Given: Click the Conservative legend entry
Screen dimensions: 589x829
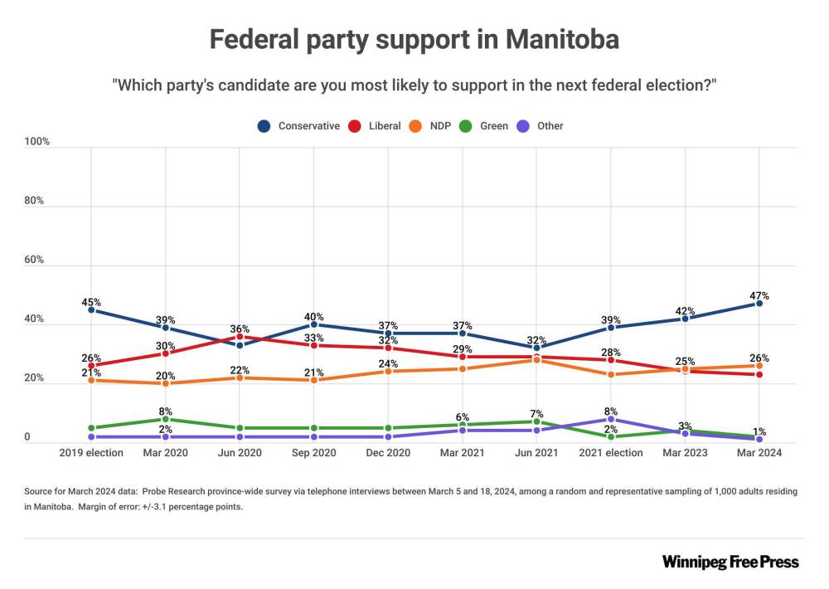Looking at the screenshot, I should point(299,126).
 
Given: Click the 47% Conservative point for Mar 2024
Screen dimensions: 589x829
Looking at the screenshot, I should point(759,304).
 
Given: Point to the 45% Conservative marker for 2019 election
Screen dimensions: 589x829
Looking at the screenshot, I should point(91,309).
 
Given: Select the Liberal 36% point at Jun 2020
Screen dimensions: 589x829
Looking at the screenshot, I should point(240,337).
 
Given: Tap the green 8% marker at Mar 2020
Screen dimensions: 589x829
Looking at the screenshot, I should point(165,419).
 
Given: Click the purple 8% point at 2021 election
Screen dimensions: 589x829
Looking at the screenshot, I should point(611,419).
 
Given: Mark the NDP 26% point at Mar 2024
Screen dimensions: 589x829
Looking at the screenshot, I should point(759,366).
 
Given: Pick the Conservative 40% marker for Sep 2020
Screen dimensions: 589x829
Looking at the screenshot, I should point(314,324).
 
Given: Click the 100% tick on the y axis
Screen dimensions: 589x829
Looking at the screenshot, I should point(37,142).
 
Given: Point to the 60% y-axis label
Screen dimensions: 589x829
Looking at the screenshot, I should point(34,260).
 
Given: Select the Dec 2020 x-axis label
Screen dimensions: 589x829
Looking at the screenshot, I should point(388,453).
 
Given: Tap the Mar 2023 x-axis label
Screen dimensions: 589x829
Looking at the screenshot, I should point(686,453).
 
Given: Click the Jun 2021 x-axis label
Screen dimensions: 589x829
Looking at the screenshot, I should point(536,453).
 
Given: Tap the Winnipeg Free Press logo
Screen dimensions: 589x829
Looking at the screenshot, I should point(730,562).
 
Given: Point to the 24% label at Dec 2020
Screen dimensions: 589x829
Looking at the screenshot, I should point(388,363).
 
